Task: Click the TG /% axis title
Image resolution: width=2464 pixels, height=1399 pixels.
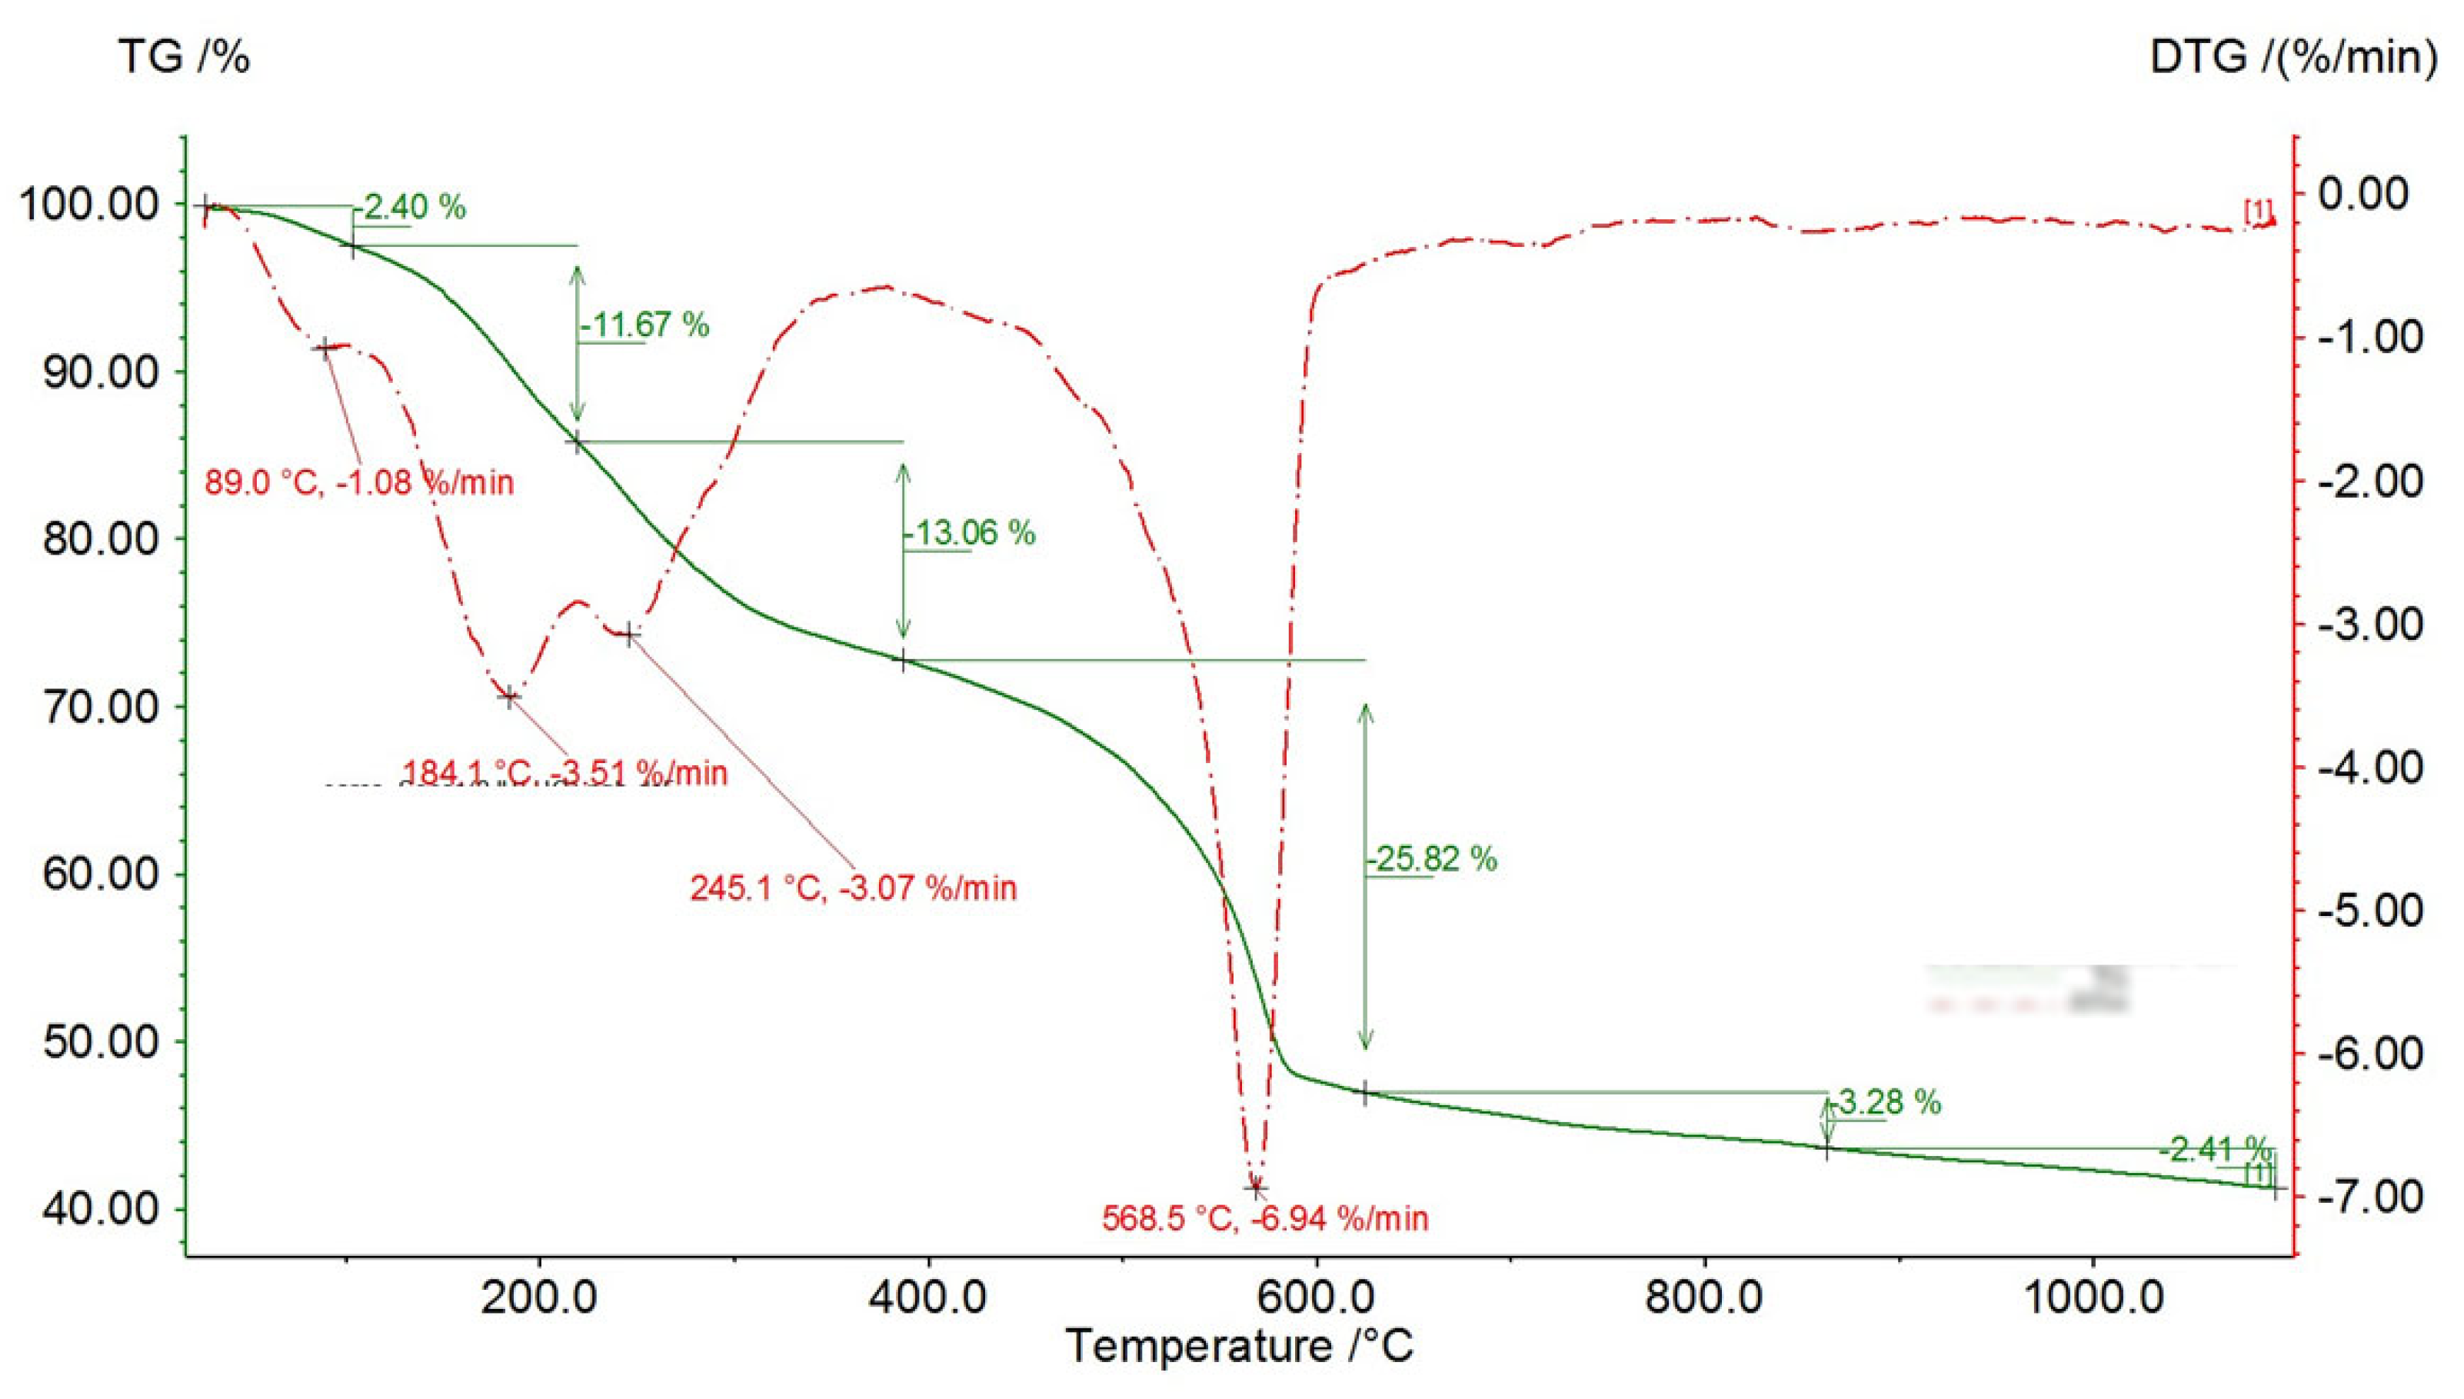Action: click(184, 58)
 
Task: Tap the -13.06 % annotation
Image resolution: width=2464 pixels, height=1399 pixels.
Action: click(971, 533)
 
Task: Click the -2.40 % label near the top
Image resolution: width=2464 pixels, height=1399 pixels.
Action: click(412, 208)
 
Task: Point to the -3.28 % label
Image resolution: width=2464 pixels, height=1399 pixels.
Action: click(1885, 1102)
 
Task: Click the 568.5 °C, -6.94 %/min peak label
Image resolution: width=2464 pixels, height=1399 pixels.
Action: click(1265, 1219)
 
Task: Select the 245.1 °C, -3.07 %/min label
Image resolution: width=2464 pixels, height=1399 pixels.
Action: click(853, 888)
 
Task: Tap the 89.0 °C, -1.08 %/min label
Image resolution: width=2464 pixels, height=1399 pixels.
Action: click(359, 481)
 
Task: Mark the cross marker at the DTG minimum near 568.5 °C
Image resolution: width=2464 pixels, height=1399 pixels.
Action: click(1256, 1188)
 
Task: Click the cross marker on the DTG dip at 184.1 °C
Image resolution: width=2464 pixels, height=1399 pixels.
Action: click(509, 697)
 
